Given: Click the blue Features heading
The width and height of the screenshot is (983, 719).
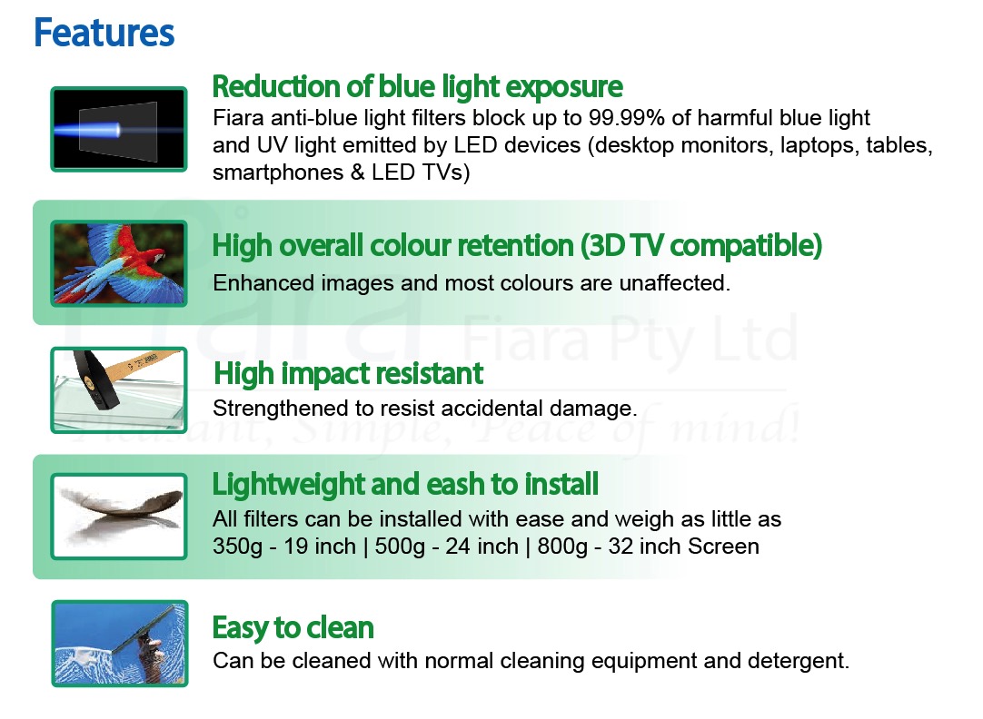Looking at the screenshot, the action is point(104,33).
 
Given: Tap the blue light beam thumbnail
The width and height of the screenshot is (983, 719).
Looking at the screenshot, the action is point(119,129).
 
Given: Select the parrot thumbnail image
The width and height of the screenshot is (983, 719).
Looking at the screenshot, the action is point(119,263).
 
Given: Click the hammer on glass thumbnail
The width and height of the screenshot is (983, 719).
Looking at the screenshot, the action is point(119,390).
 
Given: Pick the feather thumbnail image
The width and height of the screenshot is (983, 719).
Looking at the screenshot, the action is point(119,517).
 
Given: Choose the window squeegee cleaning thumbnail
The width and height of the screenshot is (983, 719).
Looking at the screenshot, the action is point(120,644).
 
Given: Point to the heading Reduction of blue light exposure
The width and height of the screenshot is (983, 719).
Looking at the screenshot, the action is point(418,86).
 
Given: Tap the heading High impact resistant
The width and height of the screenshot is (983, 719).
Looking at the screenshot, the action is point(349,373).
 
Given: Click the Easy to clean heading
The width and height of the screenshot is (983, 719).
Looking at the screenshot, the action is point(293,627).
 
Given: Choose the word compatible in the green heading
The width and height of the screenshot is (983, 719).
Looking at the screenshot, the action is point(745,245).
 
